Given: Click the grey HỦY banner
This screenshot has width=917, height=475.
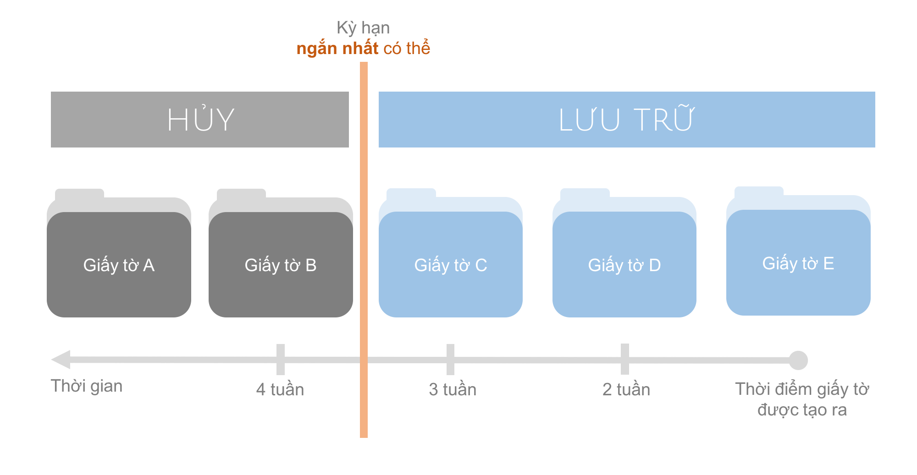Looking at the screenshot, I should [x=200, y=120].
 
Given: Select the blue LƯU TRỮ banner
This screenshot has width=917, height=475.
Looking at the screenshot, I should [x=626, y=120].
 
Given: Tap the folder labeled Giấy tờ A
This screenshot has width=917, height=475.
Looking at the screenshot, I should [x=119, y=264].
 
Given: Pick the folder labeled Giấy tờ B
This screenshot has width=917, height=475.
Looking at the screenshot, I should [x=281, y=264].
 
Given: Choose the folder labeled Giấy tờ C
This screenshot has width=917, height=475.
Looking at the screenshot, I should [x=450, y=264].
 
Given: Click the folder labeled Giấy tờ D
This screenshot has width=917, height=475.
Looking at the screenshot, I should [x=624, y=264].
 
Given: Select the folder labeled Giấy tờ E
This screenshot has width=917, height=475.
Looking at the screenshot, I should [x=798, y=262].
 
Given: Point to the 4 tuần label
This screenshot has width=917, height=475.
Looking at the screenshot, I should [x=280, y=389].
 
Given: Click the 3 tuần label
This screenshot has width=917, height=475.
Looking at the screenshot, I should [x=453, y=389].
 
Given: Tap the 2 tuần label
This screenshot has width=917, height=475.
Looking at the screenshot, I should [x=626, y=389].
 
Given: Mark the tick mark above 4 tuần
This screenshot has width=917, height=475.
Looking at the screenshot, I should [x=281, y=360].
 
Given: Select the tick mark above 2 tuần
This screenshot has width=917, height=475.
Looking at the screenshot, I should [x=625, y=360].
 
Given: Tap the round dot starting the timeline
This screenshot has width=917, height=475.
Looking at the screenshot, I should [x=798, y=360].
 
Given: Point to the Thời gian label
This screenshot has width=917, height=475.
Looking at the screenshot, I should [x=87, y=386].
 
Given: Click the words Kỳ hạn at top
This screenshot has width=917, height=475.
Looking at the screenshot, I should [x=363, y=28].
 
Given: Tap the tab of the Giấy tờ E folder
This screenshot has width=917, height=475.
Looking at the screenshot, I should [x=759, y=191].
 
